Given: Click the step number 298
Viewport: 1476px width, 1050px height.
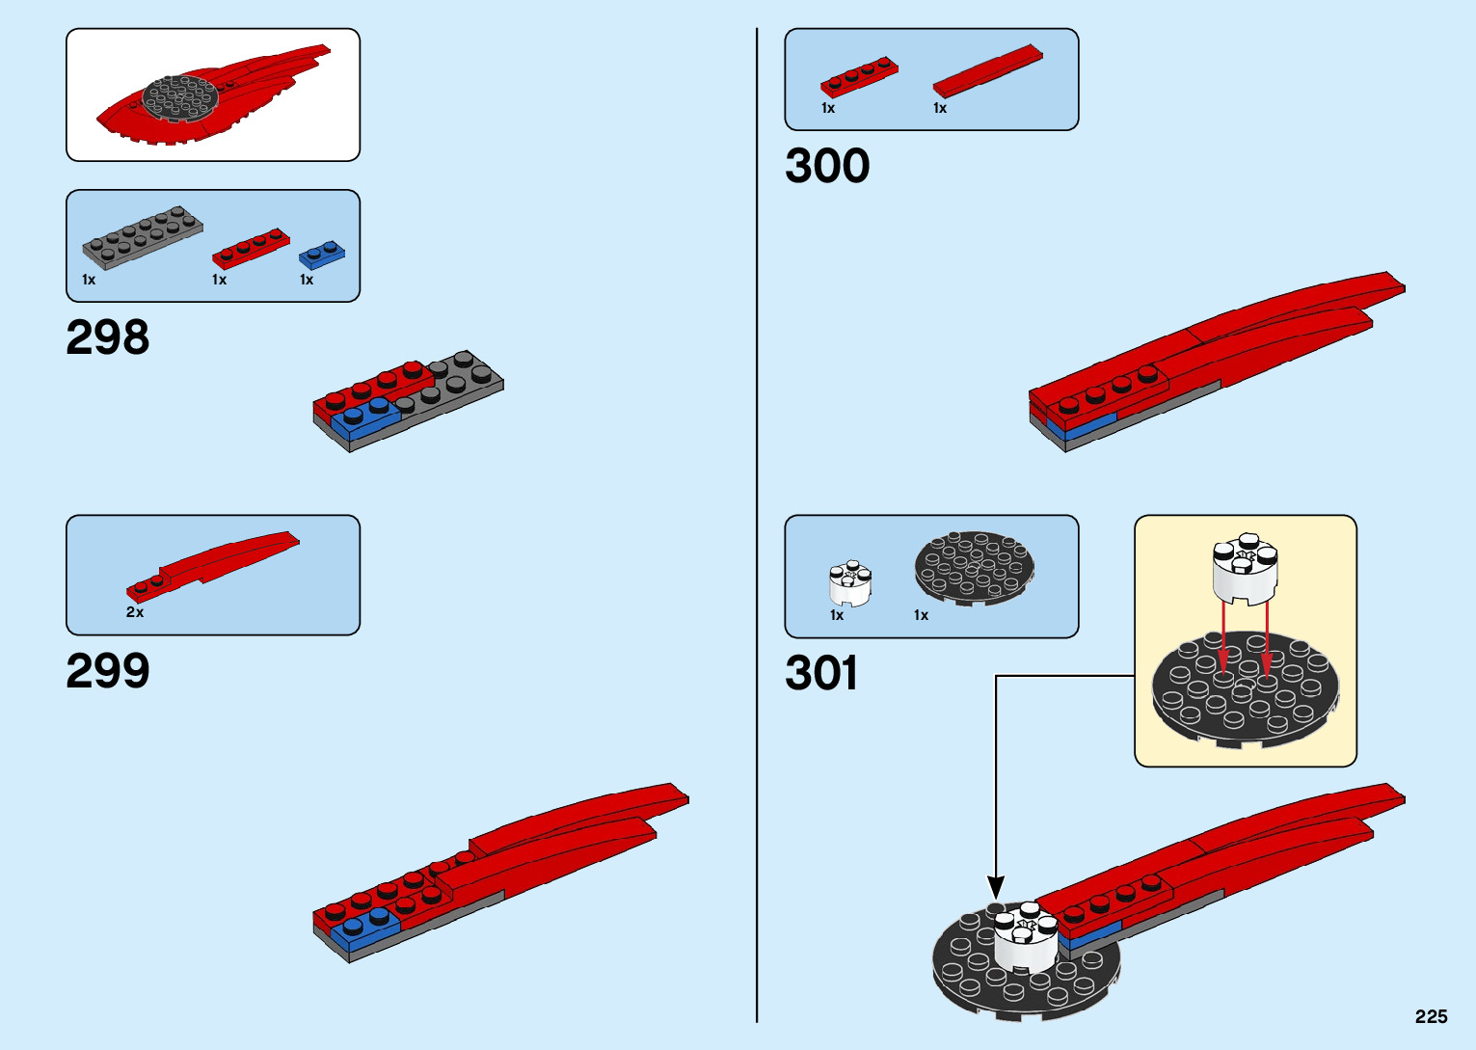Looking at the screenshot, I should [108, 337].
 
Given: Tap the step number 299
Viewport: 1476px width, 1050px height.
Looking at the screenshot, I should [108, 671].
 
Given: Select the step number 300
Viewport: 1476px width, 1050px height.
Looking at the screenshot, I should [827, 166].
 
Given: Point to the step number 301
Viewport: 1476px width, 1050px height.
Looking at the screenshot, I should [821, 673].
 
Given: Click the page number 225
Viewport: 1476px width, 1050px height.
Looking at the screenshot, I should [1431, 1016].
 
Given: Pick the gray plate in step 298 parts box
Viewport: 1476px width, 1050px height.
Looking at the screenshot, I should [142, 237].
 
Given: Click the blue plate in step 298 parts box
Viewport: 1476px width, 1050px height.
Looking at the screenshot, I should [321, 255].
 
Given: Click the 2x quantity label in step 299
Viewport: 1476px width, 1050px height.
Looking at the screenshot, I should [135, 612].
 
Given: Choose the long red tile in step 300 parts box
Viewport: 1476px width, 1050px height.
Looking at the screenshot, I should [987, 70].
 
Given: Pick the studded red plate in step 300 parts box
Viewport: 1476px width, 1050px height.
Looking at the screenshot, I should [859, 76].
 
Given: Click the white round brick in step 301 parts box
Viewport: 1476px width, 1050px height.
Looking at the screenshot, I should [849, 582].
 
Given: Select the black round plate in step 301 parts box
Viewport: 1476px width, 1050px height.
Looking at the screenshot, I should [974, 568].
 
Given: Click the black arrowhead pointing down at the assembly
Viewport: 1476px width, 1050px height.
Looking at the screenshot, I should [996, 888].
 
